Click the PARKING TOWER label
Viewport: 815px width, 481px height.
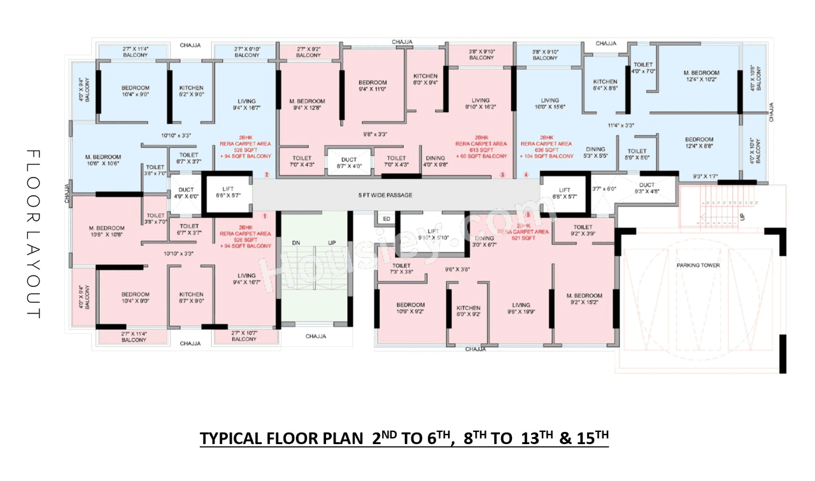tap(698, 265)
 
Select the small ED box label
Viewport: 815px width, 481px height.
tap(386, 219)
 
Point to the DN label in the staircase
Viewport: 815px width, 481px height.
tap(296, 243)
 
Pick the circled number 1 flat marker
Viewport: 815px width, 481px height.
tap(265, 215)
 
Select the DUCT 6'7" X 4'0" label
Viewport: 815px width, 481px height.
tap(348, 163)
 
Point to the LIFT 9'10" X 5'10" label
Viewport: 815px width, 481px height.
tap(433, 234)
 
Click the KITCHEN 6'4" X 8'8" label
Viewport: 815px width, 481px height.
tap(605, 85)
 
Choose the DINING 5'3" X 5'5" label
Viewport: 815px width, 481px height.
tap(596, 152)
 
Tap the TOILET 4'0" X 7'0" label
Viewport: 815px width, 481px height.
tap(644, 68)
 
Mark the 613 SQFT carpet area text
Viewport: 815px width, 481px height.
tap(481, 150)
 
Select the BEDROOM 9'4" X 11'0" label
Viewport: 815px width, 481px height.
tap(372, 86)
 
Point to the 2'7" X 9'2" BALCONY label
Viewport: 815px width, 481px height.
tap(309, 52)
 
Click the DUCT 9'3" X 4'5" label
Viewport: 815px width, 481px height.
tap(646, 188)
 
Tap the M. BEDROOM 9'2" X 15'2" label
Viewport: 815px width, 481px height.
tap(584, 299)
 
